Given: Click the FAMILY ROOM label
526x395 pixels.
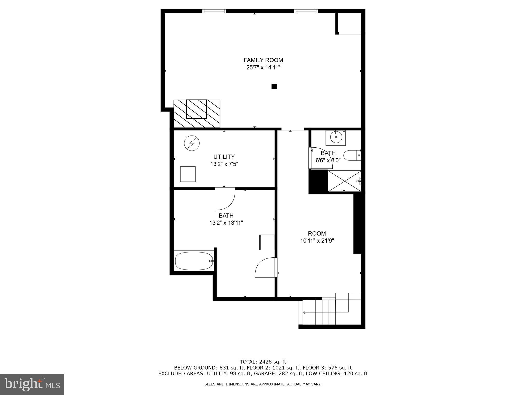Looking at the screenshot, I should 263,60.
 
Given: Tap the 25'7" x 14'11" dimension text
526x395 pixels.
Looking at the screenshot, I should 263,68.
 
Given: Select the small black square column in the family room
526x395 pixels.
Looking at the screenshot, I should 274,86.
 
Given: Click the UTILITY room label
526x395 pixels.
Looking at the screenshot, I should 224,157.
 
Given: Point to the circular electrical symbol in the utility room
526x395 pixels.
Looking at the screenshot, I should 192,143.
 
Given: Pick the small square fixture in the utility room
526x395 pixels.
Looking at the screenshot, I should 188,174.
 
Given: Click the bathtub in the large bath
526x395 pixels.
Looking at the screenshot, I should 194,261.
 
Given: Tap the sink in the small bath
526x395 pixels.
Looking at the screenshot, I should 336,137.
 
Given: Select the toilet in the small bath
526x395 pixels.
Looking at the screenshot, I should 352,156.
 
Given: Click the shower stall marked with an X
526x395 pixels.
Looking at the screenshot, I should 344,181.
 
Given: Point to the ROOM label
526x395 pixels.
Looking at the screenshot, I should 317,234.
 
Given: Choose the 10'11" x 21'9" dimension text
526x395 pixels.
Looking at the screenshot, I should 317,241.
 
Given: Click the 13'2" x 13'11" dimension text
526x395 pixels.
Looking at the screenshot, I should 226,223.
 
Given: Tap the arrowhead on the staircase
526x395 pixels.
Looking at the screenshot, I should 304,312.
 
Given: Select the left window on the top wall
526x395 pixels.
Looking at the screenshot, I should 214,11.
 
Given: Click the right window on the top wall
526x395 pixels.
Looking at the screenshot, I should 306,11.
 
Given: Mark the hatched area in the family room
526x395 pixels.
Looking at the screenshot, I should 197,113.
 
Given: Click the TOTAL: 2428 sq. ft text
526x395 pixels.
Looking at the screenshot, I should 263,362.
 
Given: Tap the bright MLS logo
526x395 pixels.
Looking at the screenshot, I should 32,384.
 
